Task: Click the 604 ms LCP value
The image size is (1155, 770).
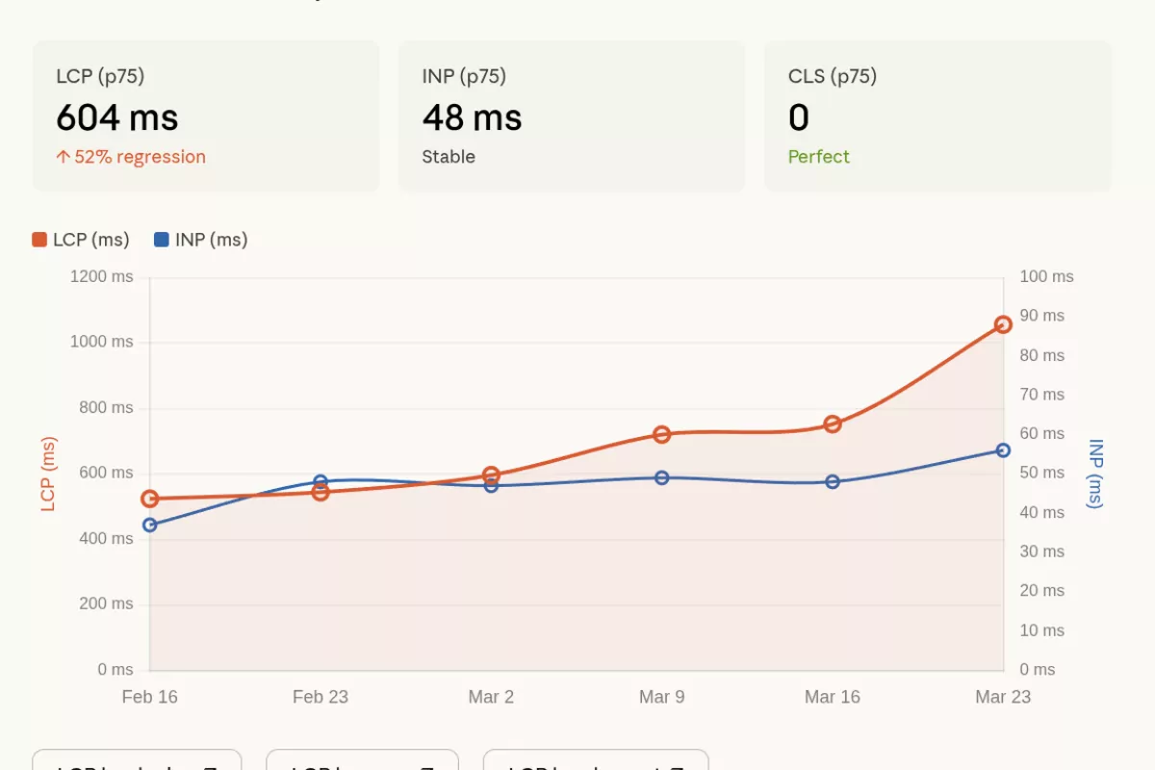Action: point(117,117)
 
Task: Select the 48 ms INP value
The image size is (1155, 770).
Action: point(472,117)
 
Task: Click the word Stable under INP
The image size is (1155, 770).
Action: point(449,157)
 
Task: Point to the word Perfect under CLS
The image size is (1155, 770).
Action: point(818,157)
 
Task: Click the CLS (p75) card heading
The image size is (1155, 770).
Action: point(833,76)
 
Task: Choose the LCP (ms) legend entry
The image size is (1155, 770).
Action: point(81,240)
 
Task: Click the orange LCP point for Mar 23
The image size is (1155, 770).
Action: point(1003,324)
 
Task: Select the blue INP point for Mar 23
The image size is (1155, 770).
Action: point(1003,450)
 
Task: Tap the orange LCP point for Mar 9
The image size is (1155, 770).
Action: point(661,434)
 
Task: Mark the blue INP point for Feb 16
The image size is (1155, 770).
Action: point(150,525)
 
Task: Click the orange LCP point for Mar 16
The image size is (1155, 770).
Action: point(833,424)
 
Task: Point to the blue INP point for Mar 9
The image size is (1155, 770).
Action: point(661,477)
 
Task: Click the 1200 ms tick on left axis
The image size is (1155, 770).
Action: point(102,277)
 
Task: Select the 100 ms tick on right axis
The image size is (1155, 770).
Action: point(1046,277)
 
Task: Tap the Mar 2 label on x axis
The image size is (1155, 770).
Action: point(491,697)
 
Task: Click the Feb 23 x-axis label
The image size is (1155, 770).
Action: point(321,697)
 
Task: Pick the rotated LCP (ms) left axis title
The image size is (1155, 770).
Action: point(48,474)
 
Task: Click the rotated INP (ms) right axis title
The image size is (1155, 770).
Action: point(1095,474)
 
